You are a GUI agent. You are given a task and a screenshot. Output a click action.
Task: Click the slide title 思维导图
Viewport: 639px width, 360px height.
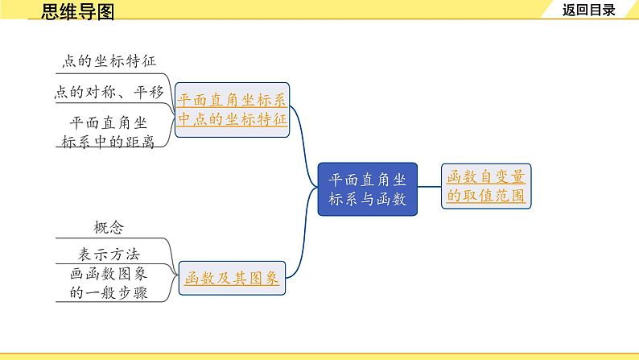tap(77, 10)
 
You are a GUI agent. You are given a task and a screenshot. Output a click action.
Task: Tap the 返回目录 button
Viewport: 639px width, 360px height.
tap(588, 10)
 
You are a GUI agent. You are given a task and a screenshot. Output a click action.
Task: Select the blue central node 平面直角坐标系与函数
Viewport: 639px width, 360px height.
tap(368, 189)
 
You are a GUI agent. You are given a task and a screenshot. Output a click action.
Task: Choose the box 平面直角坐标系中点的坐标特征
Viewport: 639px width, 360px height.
tap(231, 110)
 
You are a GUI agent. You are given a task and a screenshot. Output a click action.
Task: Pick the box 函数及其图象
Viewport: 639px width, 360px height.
tap(232, 279)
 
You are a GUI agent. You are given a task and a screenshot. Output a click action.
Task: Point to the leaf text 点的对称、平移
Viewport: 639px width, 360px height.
tap(109, 93)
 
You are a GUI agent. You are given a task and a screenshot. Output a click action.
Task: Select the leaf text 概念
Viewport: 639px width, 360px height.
tap(109, 228)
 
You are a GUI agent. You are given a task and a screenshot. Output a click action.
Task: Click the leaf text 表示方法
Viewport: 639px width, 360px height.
tap(109, 252)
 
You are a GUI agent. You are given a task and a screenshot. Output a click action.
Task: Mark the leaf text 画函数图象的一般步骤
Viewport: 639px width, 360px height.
tap(109, 283)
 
